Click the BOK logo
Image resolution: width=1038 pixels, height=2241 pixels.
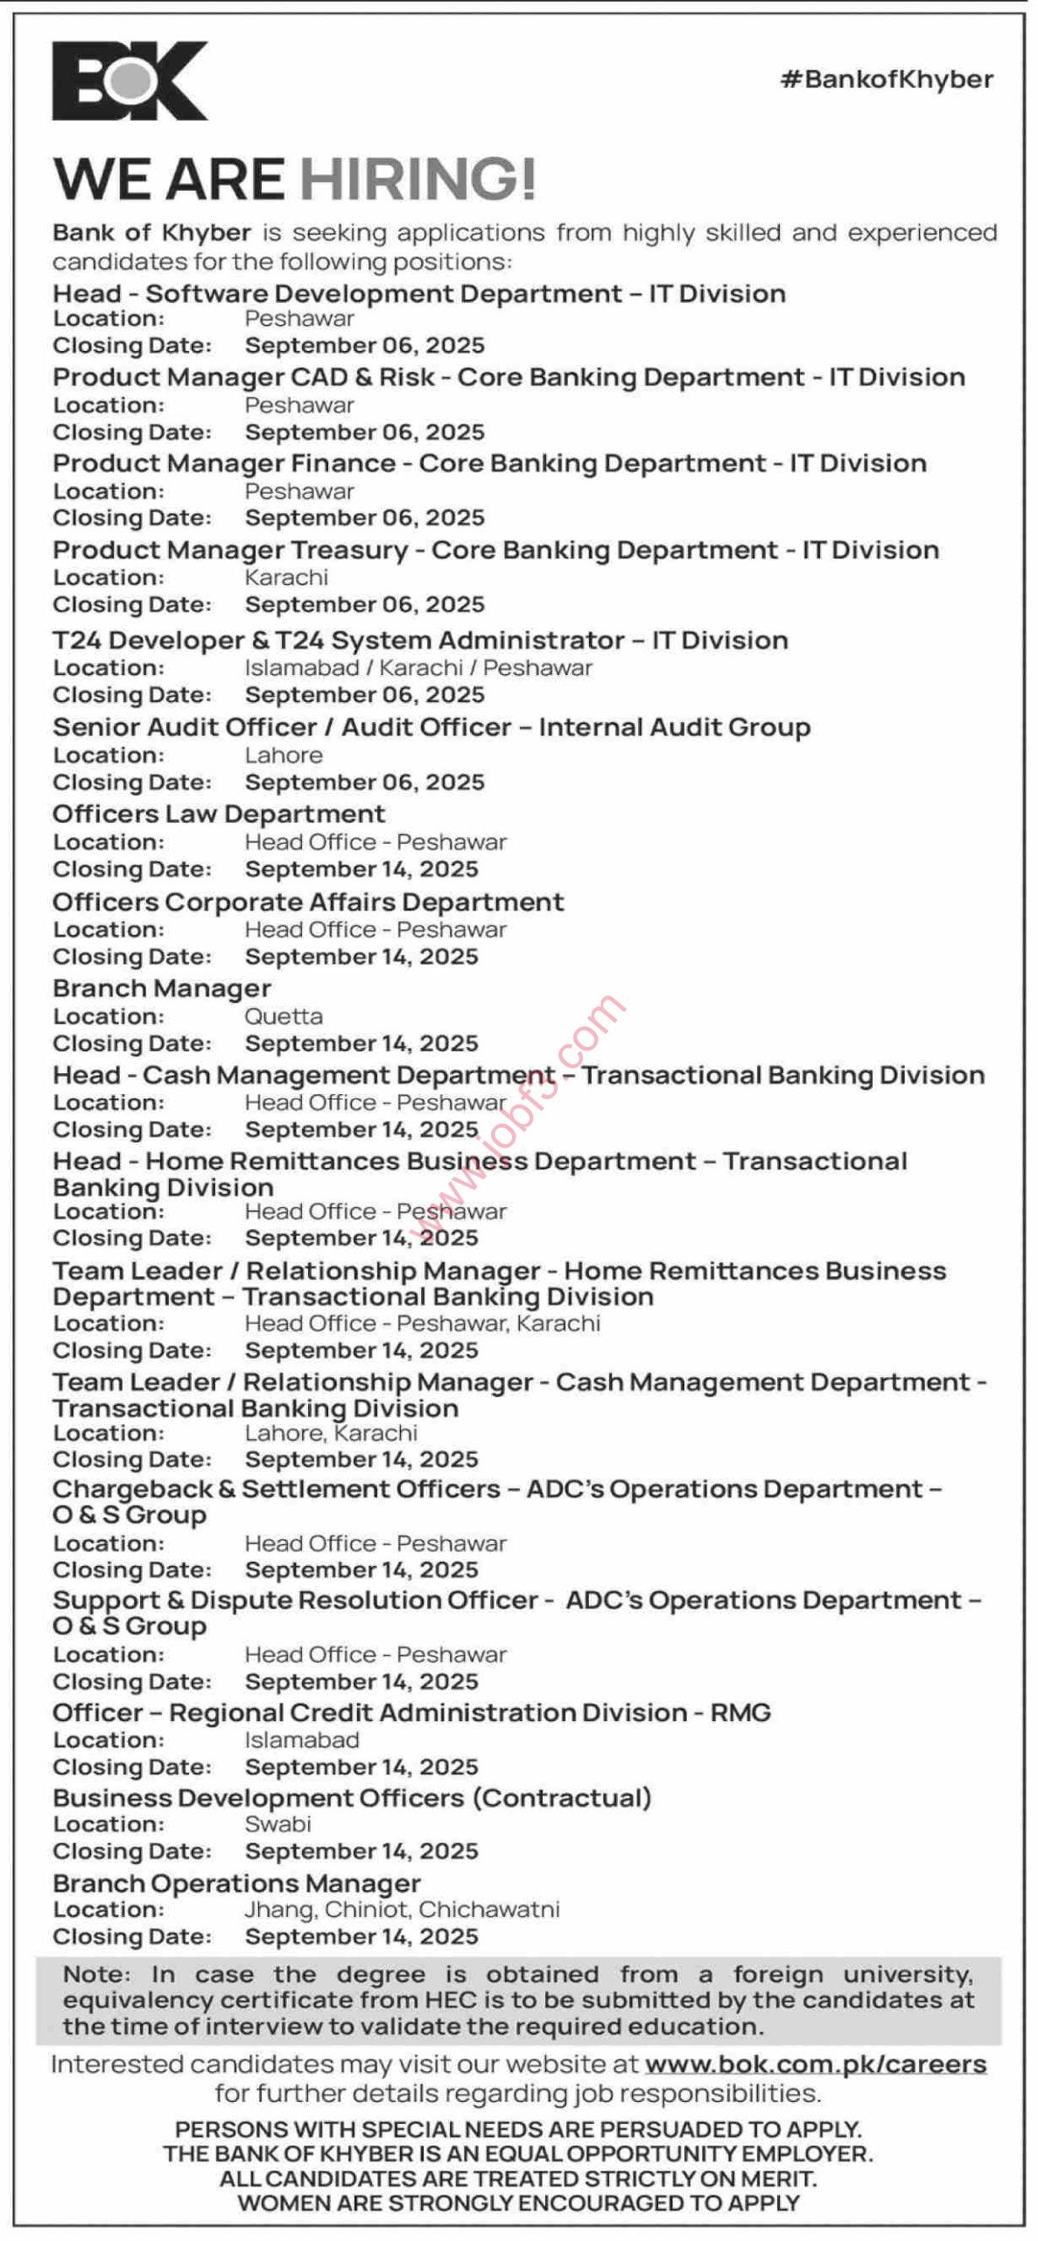click(x=130, y=81)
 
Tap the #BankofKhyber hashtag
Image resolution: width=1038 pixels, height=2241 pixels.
click(x=887, y=80)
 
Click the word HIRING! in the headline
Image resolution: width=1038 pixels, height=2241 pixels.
click(x=417, y=179)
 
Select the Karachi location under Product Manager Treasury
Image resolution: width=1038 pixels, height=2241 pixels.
click(x=286, y=578)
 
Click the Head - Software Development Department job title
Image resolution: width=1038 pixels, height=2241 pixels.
click(x=418, y=293)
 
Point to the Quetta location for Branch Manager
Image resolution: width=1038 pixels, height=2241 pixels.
click(x=284, y=1016)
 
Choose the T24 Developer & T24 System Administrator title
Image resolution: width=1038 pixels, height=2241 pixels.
click(x=420, y=640)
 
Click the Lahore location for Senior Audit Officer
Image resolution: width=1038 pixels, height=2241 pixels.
click(x=284, y=755)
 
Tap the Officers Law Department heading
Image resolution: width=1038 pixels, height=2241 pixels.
click(x=219, y=814)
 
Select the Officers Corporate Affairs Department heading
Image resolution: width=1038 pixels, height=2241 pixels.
click(x=308, y=902)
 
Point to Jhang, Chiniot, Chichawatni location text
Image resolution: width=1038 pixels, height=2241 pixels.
click(x=402, y=1909)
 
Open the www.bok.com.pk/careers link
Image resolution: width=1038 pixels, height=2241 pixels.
click(x=815, y=2063)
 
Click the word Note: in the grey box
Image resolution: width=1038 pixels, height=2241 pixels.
click(x=96, y=1974)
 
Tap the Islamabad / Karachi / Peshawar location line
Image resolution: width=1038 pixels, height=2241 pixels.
click(x=418, y=668)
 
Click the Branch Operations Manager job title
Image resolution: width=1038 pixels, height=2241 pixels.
click(x=236, y=1883)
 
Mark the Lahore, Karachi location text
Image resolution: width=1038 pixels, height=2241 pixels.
click(x=331, y=1433)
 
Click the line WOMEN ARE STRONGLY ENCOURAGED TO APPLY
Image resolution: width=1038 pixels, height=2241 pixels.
click(x=518, y=2203)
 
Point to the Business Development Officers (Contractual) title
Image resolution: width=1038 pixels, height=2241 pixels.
click(x=352, y=1797)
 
